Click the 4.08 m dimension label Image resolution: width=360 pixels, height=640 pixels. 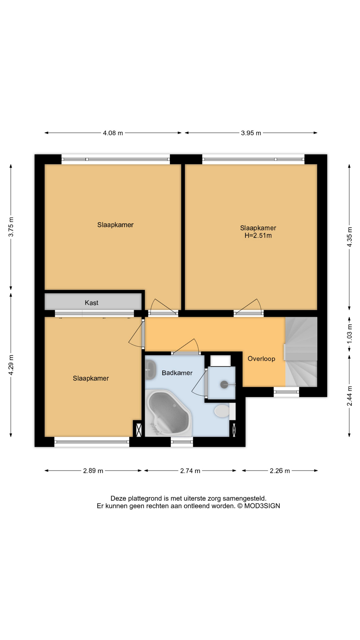(x=113, y=133)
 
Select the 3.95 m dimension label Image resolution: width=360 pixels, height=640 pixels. (x=251, y=133)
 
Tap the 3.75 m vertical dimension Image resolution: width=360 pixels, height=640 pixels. (x=11, y=227)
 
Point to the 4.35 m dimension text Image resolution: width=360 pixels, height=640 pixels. (x=349, y=237)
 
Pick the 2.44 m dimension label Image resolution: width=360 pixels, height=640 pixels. (x=349, y=396)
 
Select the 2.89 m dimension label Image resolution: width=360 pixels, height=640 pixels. (x=93, y=471)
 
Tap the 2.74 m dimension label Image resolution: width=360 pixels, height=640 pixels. (x=190, y=471)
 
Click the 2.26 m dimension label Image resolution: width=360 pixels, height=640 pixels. (x=280, y=471)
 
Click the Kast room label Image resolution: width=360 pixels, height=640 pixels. (x=91, y=303)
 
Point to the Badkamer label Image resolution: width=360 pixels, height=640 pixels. (x=177, y=373)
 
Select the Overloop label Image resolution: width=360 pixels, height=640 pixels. (x=261, y=359)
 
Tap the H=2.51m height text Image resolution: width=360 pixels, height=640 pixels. (x=258, y=236)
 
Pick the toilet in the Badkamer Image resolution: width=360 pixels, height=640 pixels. (x=221, y=411)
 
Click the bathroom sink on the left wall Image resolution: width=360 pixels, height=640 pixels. (x=151, y=370)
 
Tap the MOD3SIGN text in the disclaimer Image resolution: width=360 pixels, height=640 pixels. (x=262, y=506)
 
